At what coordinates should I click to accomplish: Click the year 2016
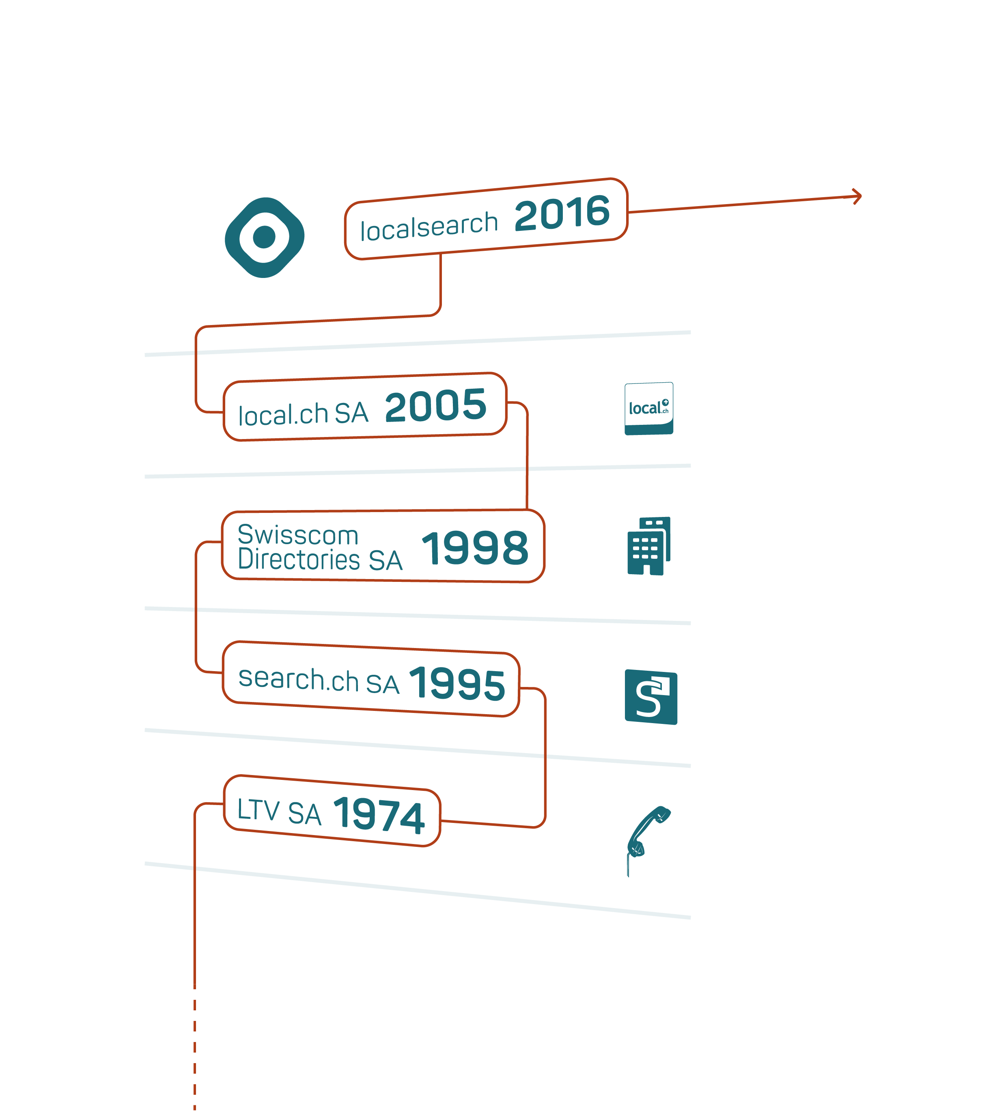click(x=562, y=213)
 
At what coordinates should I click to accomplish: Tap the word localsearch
click(x=429, y=226)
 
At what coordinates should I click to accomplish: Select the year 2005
click(x=436, y=406)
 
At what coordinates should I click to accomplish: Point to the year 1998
click(x=475, y=548)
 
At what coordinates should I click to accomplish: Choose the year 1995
click(x=457, y=683)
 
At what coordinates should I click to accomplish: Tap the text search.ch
click(x=299, y=679)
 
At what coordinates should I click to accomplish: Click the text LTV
click(x=258, y=810)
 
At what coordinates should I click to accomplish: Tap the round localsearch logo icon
click(x=265, y=237)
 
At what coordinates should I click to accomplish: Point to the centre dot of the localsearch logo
click(x=265, y=237)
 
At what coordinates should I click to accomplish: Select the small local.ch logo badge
click(x=649, y=408)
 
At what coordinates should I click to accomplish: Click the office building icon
click(x=649, y=546)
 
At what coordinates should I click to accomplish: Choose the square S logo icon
click(x=651, y=697)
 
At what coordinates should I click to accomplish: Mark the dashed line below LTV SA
click(x=194, y=1050)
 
